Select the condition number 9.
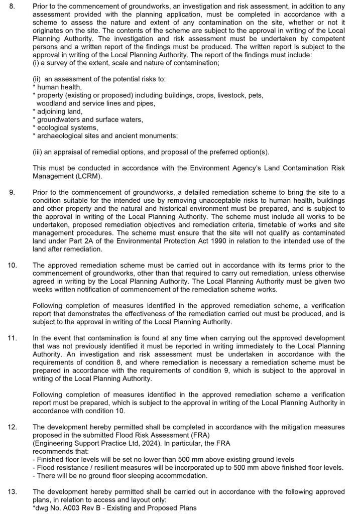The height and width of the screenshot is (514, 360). [13, 192]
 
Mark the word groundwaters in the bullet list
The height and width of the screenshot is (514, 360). [59, 119]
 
